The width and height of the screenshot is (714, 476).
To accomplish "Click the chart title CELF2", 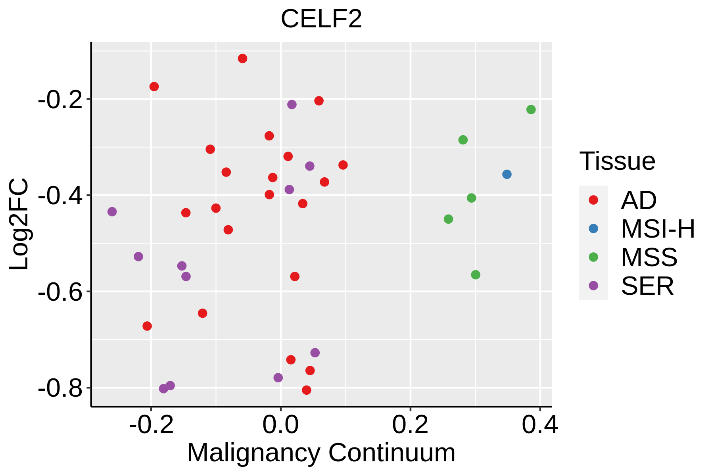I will (321, 19).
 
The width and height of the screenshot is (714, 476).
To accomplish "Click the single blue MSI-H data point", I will (507, 174).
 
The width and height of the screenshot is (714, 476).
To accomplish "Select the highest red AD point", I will (242, 59).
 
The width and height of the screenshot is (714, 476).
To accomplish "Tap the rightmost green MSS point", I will (531, 109).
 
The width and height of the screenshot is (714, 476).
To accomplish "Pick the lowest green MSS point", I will (476, 275).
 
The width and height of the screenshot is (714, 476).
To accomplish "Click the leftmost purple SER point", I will (112, 212).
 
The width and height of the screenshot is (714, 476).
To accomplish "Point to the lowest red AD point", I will (306, 390).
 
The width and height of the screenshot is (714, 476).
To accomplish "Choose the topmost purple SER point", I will (292, 105).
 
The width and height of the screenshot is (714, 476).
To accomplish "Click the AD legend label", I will (639, 200).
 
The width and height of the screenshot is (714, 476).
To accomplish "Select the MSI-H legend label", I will (658, 229).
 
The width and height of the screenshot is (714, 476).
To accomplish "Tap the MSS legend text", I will (649, 257).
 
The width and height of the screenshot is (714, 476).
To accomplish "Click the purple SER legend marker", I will (593, 286).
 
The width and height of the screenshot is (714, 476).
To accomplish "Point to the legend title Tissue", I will (617, 161).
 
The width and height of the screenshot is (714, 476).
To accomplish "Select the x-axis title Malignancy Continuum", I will (321, 453).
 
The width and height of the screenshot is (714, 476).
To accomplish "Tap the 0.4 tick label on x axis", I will (539, 425).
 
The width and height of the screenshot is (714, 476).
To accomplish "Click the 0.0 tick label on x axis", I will (280, 425).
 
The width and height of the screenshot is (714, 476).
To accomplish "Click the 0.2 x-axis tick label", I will (410, 425).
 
